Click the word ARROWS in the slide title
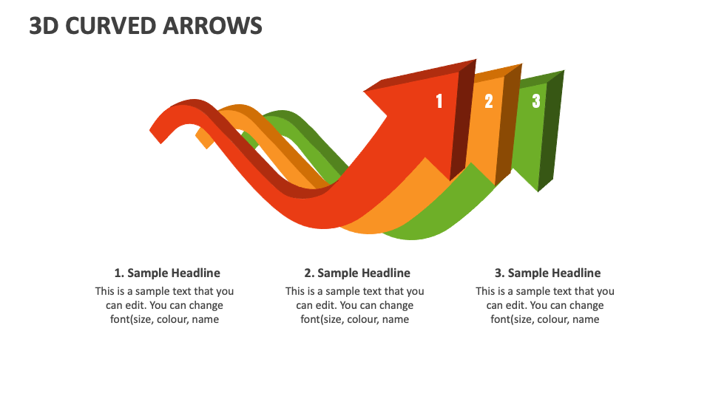point(218,26)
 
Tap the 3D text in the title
point(44,26)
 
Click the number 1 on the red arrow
point(439,101)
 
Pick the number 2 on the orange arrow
point(489,101)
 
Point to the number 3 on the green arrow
point(536,101)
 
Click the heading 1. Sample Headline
point(167,273)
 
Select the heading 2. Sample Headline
point(357,273)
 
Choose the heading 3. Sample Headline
point(547,273)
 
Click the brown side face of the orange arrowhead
point(505,126)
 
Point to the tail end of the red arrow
point(158,133)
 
